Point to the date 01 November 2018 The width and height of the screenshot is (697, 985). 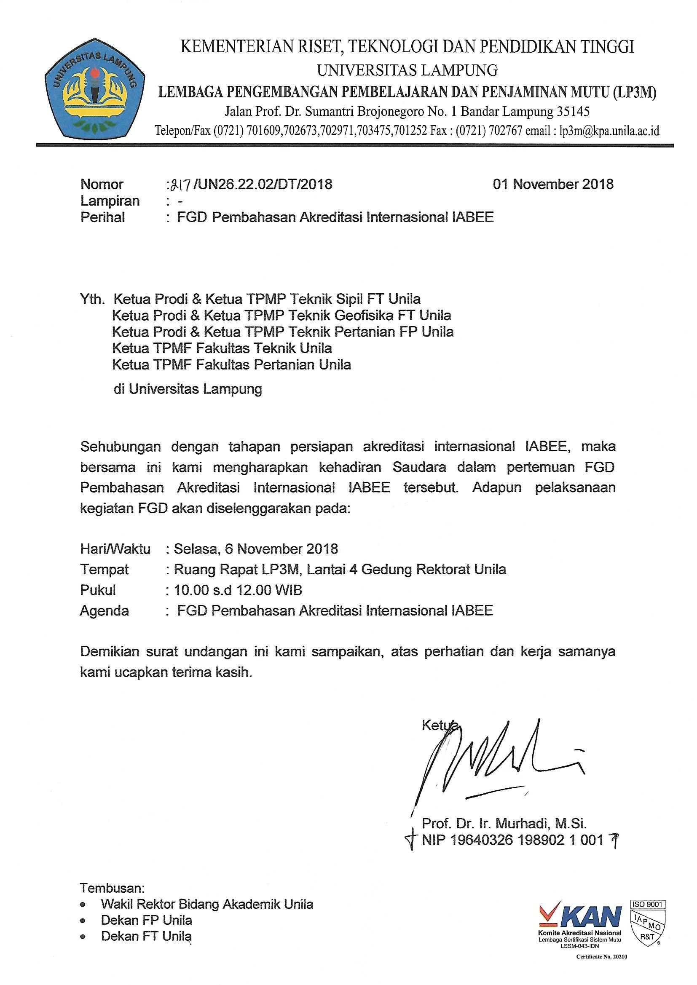(x=553, y=184)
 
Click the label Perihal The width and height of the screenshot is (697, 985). (x=102, y=217)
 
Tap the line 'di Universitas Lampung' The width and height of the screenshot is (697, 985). (x=187, y=389)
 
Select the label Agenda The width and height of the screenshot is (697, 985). (x=104, y=610)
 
